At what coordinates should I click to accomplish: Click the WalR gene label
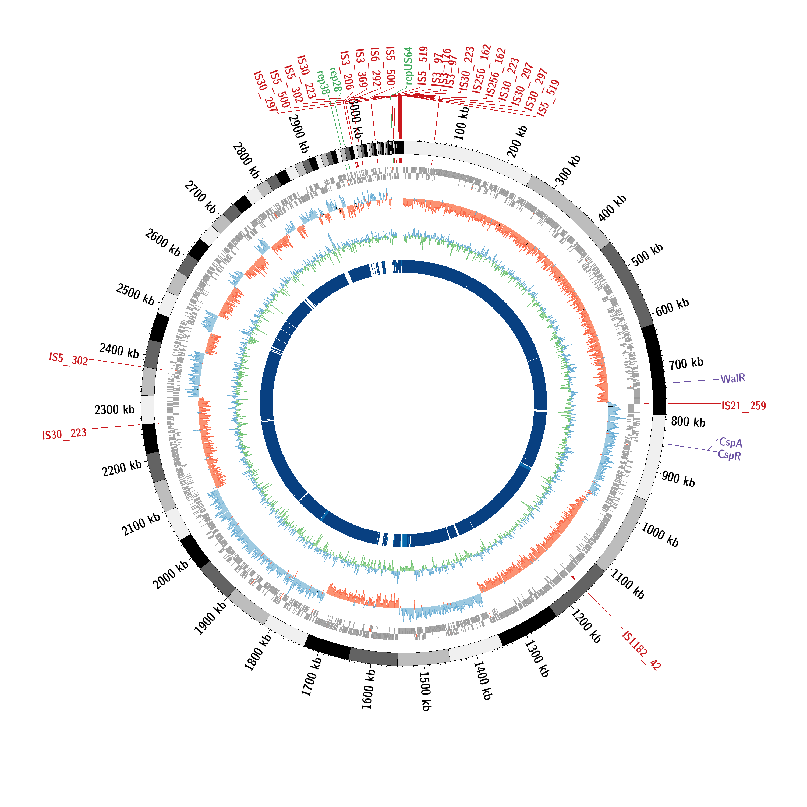point(733,378)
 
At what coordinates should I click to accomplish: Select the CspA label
point(731,442)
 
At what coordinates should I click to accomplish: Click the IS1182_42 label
point(641,651)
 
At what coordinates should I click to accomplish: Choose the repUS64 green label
point(409,66)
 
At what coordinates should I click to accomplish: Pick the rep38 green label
point(323,82)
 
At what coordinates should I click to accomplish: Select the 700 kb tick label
point(686,363)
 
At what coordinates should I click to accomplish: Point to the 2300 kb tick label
point(114,409)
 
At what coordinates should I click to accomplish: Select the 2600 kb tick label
point(162,242)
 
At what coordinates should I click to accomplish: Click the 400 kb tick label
point(612,208)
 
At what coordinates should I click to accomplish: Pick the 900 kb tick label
point(678,479)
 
